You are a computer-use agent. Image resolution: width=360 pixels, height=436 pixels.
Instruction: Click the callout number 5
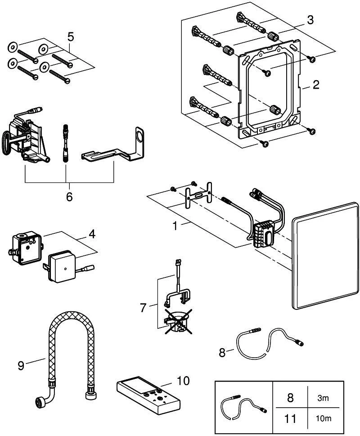pyautogui.click(x=71, y=36)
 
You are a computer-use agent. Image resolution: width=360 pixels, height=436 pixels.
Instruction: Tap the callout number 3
pyautogui.click(x=310, y=20)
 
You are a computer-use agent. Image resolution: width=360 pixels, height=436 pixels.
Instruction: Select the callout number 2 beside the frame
pyautogui.click(x=316, y=85)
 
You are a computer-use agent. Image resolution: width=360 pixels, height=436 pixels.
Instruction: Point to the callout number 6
pyautogui.click(x=69, y=196)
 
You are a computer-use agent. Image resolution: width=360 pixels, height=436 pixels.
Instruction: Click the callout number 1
pyautogui.click(x=175, y=226)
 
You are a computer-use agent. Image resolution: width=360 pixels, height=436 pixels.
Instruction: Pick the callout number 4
pyautogui.click(x=92, y=234)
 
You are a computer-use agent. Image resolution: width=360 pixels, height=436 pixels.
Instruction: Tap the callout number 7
pyautogui.click(x=143, y=308)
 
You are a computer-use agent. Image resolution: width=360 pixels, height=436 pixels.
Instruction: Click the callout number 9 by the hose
pyautogui.click(x=21, y=365)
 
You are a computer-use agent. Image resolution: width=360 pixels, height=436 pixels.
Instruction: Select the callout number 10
pyautogui.click(x=183, y=381)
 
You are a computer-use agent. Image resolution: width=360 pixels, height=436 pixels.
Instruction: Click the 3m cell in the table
pyautogui.click(x=323, y=398)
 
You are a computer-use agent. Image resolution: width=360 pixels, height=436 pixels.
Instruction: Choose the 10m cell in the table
pyautogui.click(x=324, y=418)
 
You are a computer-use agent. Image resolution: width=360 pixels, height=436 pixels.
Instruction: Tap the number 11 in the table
pyautogui.click(x=290, y=418)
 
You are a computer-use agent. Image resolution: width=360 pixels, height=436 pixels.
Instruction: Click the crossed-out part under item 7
pyautogui.click(x=178, y=321)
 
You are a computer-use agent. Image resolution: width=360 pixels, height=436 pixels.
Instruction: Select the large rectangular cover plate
pyautogui.click(x=325, y=256)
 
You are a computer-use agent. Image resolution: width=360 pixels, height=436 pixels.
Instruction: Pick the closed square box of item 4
pyautogui.click(x=61, y=266)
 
